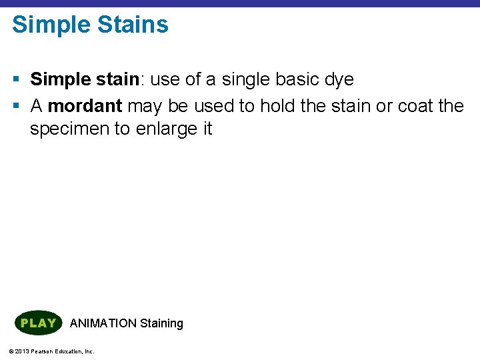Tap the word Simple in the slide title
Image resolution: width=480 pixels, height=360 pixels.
(x=51, y=25)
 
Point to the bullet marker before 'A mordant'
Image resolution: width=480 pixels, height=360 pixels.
(x=15, y=107)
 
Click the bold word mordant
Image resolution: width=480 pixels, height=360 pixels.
(x=85, y=106)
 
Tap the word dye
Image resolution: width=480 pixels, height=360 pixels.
(x=339, y=80)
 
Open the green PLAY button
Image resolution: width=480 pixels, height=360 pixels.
(x=38, y=323)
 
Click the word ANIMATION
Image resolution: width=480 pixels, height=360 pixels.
(x=103, y=323)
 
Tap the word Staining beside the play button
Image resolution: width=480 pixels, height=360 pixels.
(x=161, y=324)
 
